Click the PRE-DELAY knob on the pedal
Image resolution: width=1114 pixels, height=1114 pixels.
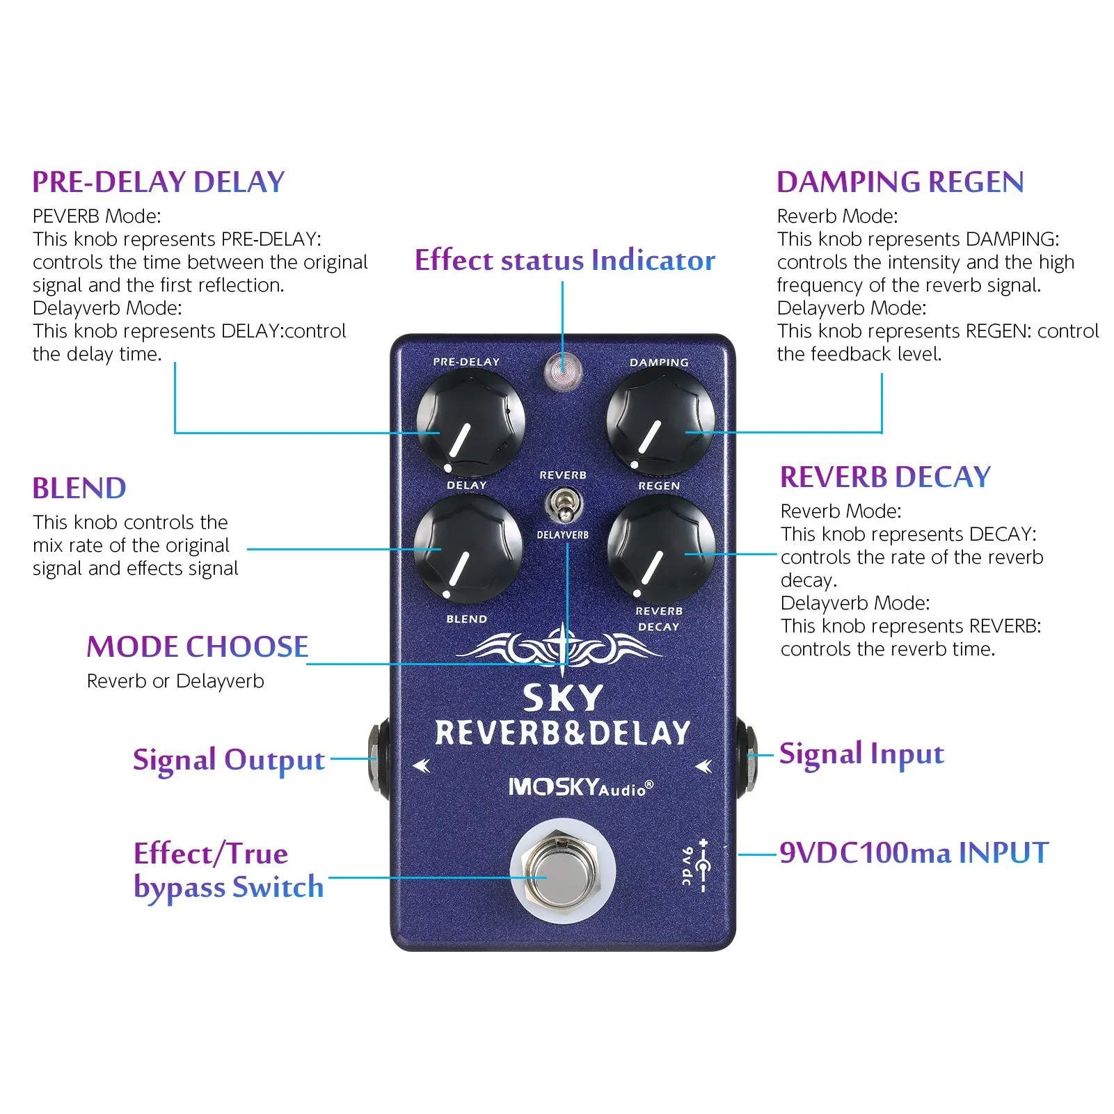point(470,422)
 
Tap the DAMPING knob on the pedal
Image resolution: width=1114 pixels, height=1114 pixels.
point(660,422)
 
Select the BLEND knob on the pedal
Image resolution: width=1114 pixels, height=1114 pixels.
point(468,549)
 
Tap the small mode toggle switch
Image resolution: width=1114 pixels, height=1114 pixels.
point(563,505)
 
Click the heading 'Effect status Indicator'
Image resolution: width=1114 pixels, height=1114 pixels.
point(564,260)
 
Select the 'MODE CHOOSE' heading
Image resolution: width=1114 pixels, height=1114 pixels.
point(198,647)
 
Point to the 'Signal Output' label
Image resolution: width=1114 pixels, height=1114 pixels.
point(229,760)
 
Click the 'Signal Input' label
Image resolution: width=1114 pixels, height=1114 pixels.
point(861,754)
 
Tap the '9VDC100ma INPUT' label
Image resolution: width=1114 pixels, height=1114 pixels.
point(914,853)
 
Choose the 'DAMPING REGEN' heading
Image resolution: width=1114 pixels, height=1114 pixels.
point(900,182)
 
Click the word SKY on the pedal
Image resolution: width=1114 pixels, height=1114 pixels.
point(562,698)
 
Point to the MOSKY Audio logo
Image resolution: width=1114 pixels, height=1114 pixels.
point(581,787)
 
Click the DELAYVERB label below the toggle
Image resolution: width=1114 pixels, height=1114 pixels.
point(562,535)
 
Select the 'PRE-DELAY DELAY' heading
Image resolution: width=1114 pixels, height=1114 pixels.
point(159,182)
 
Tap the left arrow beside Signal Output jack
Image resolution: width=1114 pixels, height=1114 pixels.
point(422,766)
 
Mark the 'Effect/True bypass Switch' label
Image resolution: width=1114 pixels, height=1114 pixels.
point(229,870)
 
